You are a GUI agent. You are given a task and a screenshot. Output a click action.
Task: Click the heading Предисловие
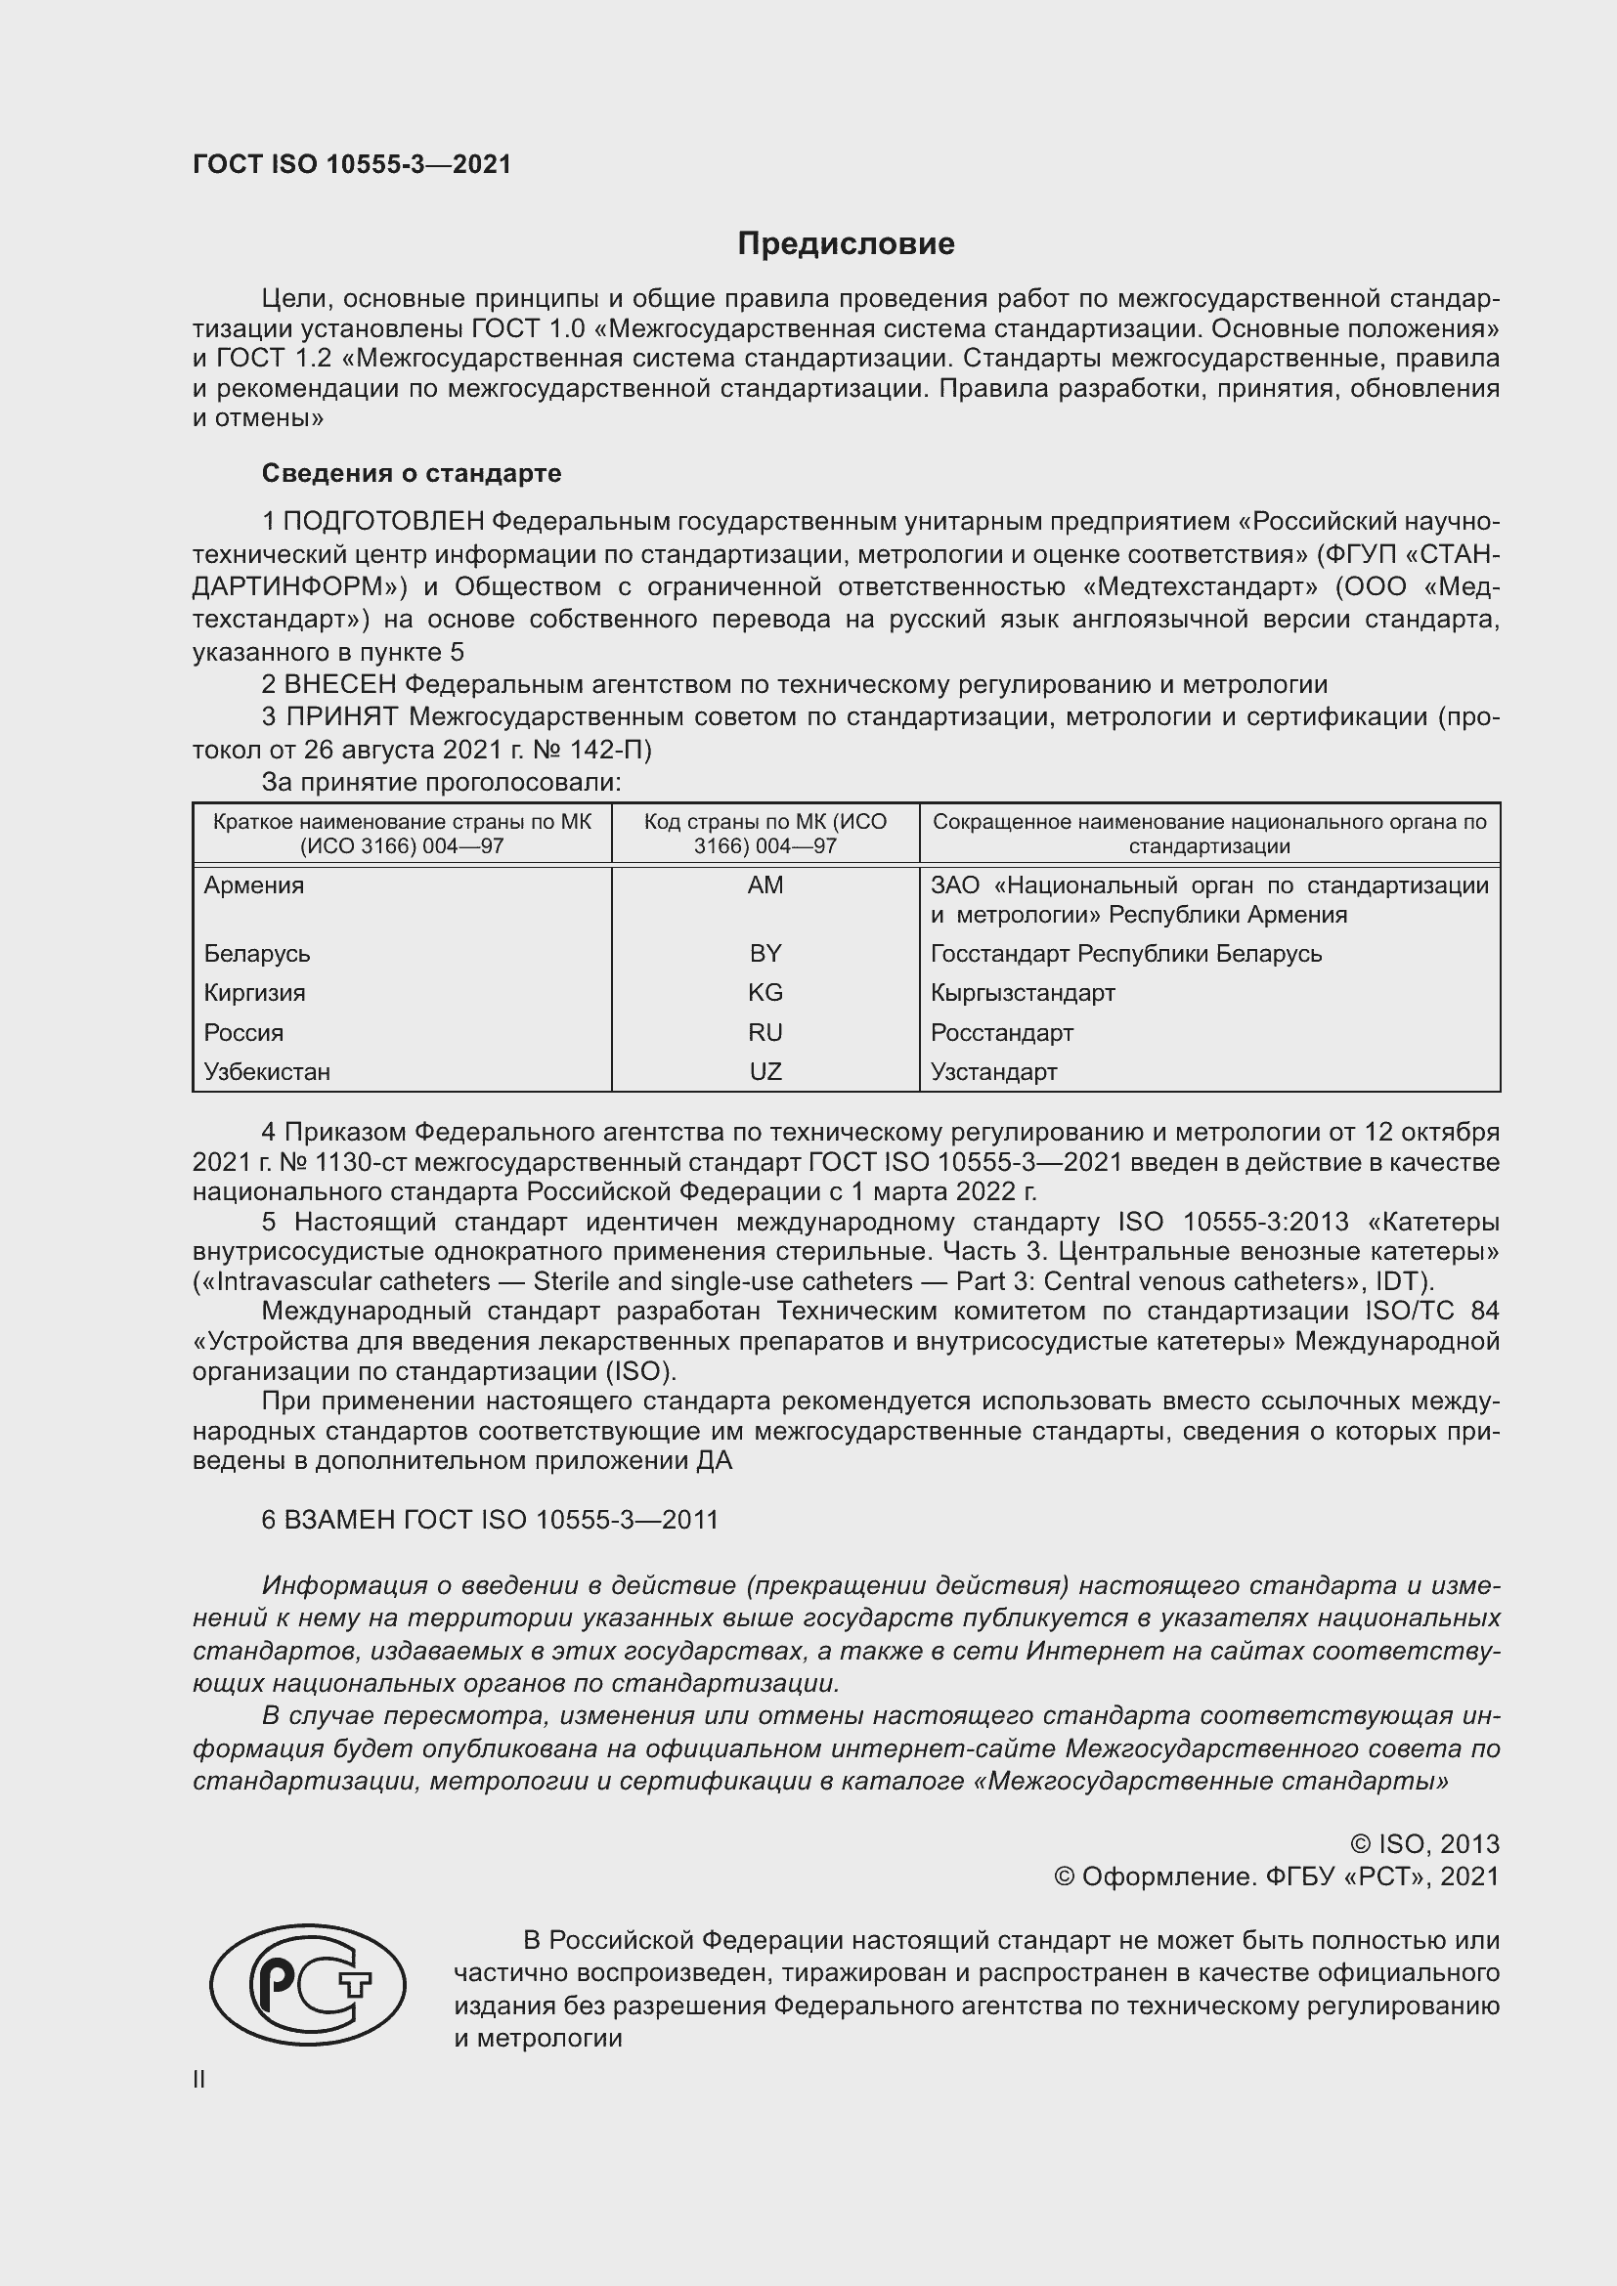(846, 244)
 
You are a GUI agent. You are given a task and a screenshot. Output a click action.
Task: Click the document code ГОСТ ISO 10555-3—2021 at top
(352, 165)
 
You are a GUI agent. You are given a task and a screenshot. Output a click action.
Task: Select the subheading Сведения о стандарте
(412, 473)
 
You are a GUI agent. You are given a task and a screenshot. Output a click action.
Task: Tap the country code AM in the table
(765, 885)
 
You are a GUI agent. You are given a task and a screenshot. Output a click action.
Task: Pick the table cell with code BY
(765, 954)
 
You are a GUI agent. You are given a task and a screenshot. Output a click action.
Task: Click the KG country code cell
(765, 993)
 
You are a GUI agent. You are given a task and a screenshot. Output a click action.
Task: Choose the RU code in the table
(765, 1032)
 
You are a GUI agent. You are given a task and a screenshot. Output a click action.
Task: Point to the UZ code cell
(765, 1072)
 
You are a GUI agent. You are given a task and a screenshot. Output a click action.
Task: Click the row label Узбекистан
(267, 1072)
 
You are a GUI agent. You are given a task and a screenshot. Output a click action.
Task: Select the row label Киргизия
(255, 993)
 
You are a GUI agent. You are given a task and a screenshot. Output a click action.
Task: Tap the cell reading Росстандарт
(1002, 1032)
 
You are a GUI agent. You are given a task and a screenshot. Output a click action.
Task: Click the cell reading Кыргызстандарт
(1023, 993)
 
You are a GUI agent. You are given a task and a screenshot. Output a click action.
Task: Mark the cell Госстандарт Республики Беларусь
(1126, 954)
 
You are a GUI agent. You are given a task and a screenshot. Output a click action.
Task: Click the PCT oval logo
(308, 1984)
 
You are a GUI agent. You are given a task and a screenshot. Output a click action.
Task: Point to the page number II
(199, 2080)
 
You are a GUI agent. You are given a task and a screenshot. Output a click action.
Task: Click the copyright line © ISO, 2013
(1424, 1844)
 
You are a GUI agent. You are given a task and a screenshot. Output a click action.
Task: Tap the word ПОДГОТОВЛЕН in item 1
(384, 521)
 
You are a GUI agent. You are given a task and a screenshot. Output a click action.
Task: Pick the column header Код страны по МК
(765, 834)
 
